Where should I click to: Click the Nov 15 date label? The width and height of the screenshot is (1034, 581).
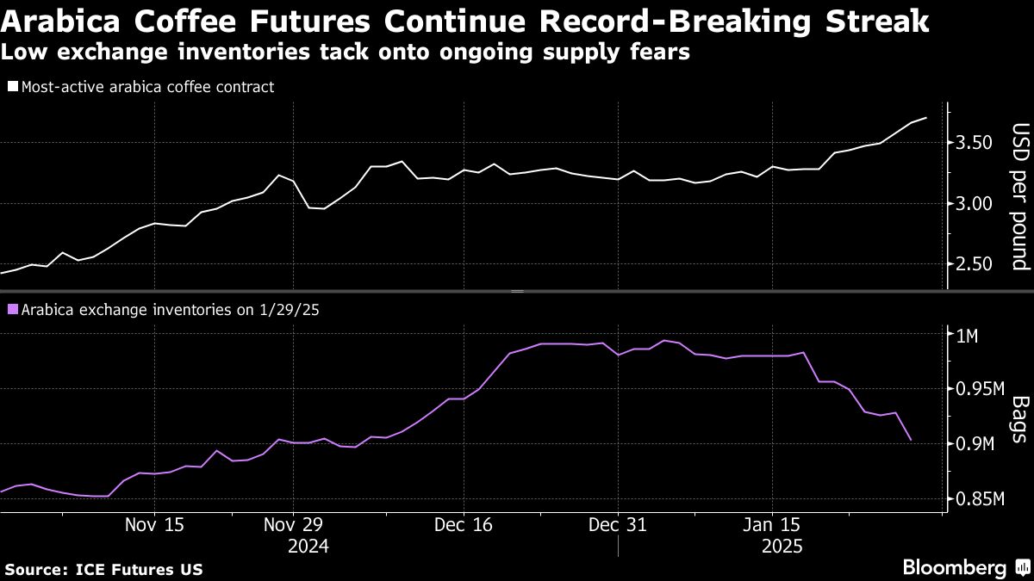click(154, 524)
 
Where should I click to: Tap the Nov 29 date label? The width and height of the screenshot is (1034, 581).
click(293, 524)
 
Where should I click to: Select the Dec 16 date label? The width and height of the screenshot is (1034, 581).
click(463, 524)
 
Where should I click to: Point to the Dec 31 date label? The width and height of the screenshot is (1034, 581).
click(618, 524)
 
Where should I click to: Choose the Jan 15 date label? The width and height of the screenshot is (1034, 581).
click(771, 524)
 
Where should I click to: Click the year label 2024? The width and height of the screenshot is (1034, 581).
click(309, 546)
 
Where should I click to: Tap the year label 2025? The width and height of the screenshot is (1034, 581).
click(782, 546)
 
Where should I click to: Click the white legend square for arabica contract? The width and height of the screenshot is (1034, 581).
click(12, 86)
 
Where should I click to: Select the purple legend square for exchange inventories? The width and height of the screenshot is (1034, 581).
click(12, 308)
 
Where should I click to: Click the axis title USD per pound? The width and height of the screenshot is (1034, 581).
click(1020, 196)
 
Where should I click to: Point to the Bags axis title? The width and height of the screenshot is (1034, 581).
click(1020, 419)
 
